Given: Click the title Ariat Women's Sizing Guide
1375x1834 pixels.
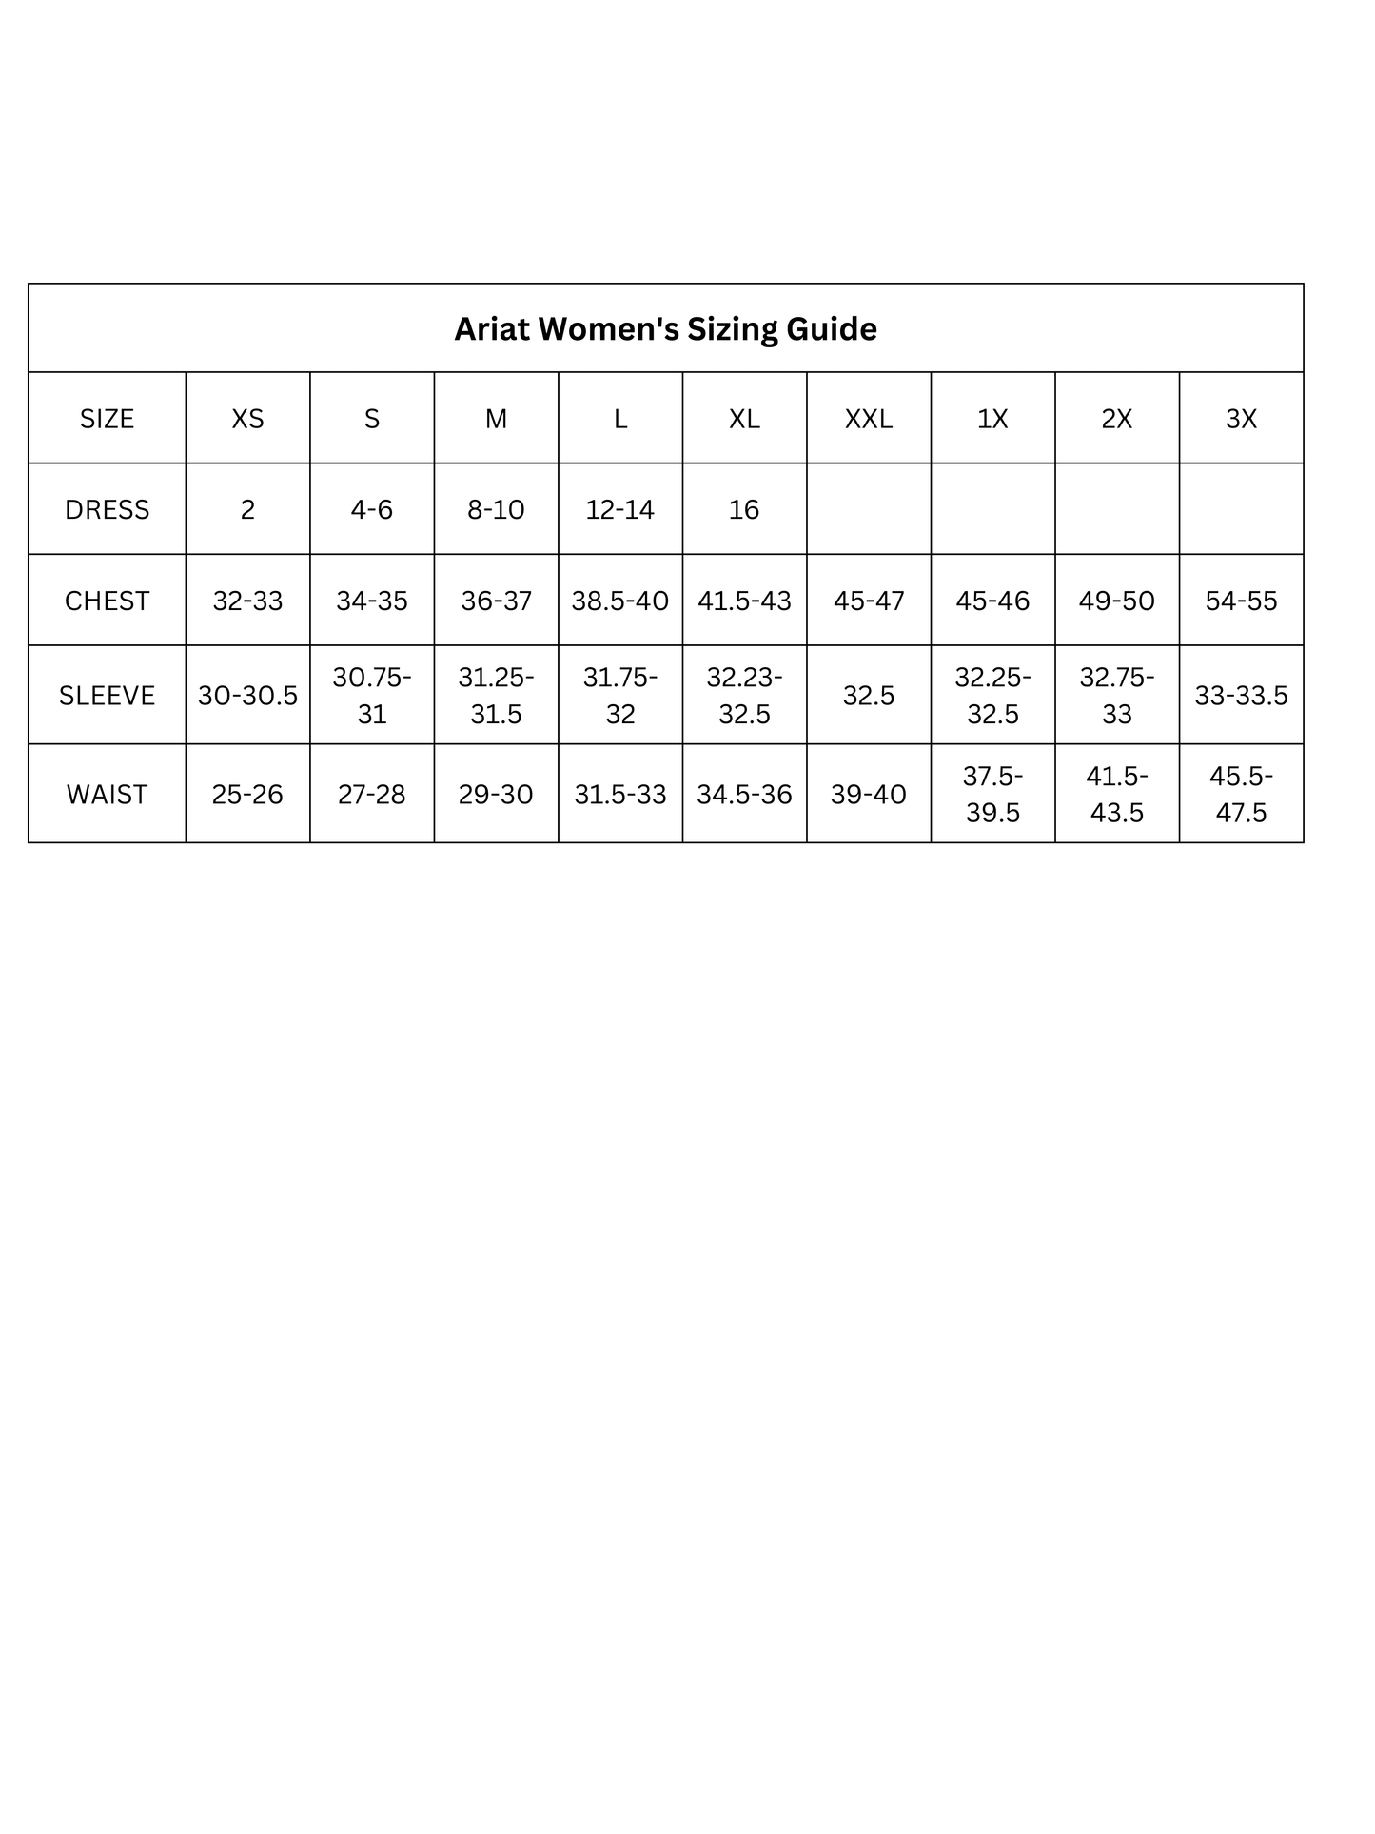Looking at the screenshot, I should click(x=665, y=329).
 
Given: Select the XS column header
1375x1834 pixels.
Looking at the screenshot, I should click(x=247, y=419).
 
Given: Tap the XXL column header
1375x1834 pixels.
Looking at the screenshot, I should click(x=868, y=419).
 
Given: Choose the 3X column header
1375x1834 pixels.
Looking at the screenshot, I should click(x=1241, y=419).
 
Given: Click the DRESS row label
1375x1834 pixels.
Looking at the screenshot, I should click(x=107, y=510).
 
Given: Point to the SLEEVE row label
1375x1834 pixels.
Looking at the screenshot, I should click(x=107, y=696).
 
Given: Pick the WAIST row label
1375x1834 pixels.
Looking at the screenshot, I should click(x=107, y=795).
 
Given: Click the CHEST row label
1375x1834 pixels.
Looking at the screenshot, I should click(x=107, y=601).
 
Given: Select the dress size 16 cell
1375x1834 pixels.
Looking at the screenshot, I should click(x=744, y=510).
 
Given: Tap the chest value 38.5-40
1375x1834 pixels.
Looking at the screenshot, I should click(x=620, y=601).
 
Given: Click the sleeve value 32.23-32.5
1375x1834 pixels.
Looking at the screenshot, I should click(x=744, y=696).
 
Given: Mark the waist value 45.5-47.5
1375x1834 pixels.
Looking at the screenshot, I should click(x=1241, y=795).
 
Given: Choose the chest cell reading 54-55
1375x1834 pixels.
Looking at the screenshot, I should click(x=1241, y=601).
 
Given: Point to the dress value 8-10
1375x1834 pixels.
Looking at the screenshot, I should click(x=496, y=510).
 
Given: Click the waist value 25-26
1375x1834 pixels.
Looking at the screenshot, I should click(x=247, y=795).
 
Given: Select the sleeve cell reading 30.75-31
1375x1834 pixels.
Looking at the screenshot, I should click(x=372, y=696).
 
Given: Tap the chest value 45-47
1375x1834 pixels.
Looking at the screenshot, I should click(x=868, y=601).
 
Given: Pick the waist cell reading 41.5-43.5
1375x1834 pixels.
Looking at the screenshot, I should click(x=1116, y=795).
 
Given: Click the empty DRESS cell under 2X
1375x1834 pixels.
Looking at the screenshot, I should click(x=1116, y=510).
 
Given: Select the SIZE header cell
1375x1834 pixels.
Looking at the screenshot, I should click(x=107, y=419).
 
